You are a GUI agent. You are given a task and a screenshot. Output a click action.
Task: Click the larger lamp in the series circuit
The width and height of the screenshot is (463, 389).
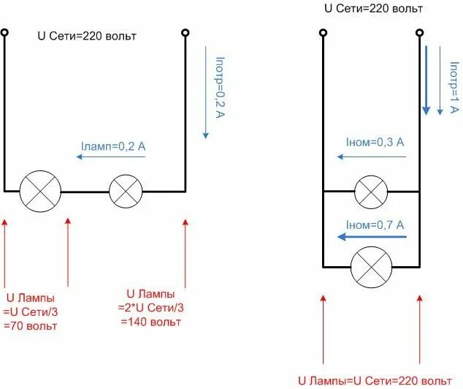pos(39,192)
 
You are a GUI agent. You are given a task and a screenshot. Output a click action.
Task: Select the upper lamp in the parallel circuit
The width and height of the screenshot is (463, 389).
pos(371,193)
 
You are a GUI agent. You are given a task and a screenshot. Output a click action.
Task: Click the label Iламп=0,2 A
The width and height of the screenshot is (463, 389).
pos(114,147)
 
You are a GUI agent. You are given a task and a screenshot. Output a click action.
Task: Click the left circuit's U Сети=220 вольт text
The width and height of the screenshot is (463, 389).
pos(87,36)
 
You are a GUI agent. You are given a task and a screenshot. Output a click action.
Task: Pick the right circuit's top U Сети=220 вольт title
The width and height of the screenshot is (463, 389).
pos(373,9)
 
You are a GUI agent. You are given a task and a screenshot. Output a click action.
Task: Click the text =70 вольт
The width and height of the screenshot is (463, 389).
pos(31,326)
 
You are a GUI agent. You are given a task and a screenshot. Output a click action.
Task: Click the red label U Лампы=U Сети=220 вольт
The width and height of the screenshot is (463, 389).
pos(374,380)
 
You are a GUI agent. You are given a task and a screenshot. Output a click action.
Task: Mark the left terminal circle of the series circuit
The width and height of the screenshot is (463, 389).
pos(4,33)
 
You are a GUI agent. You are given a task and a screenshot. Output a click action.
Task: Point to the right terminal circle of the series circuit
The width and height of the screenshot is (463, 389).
pos(185,33)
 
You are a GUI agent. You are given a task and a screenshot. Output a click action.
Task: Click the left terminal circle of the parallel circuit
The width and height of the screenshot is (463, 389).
pos(322,33)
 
